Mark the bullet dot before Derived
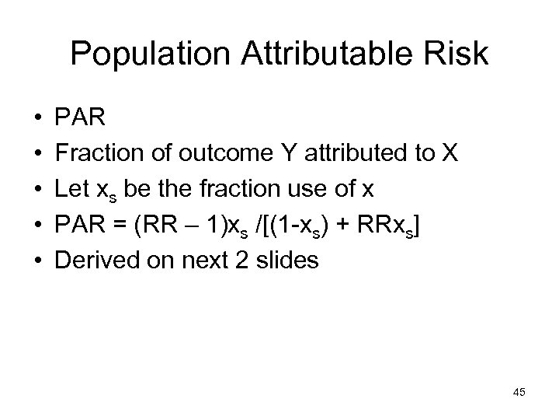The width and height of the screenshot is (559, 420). click(x=38, y=261)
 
